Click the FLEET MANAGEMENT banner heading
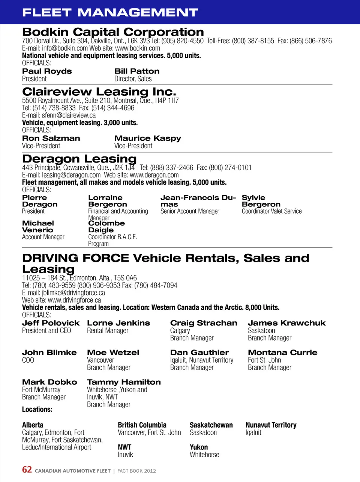tap(110, 12)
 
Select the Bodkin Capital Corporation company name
tap(113, 32)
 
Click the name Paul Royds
tap(47, 71)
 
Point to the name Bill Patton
tap(137, 71)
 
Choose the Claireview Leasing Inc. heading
tap(99, 92)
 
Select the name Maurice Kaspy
tap(147, 139)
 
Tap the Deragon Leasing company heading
tap(79, 159)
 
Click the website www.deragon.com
tap(154, 175)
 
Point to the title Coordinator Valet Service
tap(271, 211)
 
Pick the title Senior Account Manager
tap(190, 211)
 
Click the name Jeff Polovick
tap(51, 323)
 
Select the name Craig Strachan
tap(204, 323)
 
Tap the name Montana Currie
tap(282, 352)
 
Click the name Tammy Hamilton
tap(124, 382)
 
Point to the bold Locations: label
tap(37, 410)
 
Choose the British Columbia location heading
tap(142, 425)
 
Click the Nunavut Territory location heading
tap(271, 425)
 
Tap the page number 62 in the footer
tap(27, 470)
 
